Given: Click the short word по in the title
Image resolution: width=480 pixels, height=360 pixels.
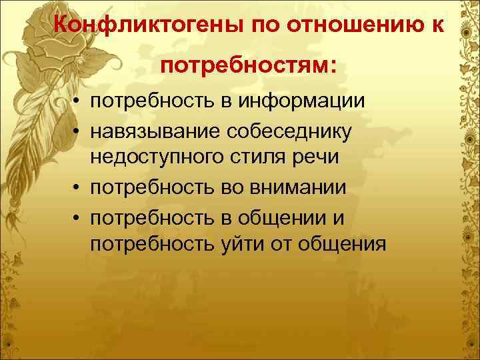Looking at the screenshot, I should click(263, 25).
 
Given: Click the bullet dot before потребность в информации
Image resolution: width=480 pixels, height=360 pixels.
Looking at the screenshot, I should click(78, 102).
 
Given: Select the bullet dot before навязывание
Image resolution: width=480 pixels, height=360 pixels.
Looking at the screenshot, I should click(78, 131).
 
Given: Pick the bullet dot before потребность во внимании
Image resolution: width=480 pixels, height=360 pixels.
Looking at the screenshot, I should click(78, 188).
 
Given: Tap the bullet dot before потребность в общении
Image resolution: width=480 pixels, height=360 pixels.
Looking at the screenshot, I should click(78, 217).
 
